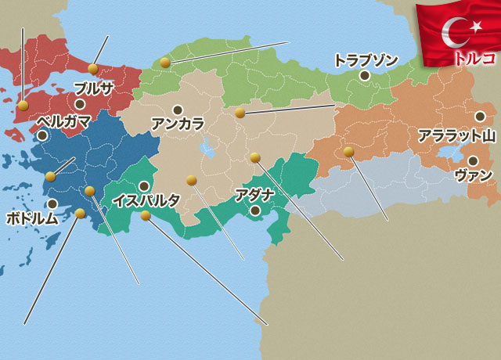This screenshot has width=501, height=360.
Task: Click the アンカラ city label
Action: click(x=178, y=124)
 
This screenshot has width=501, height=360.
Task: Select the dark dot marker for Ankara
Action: click(x=178, y=110)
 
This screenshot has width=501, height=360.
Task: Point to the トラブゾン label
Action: click(x=366, y=59)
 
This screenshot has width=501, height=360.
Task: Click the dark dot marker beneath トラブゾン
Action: click(x=365, y=76)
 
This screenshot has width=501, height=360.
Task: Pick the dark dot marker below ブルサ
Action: click(x=79, y=103)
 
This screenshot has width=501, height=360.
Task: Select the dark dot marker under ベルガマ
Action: click(x=42, y=135)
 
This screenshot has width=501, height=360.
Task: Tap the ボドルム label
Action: click(x=32, y=218)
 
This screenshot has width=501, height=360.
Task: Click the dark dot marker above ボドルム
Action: click(x=52, y=203)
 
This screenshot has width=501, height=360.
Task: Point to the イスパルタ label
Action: click(x=146, y=200)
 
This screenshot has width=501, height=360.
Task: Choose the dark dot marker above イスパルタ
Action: click(x=144, y=185)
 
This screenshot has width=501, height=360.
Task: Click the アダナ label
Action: click(x=253, y=194)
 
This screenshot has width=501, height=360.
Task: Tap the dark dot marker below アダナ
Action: click(x=254, y=210)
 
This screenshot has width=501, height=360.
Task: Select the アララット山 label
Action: click(x=456, y=135)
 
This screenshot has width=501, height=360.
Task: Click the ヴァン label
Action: click(x=474, y=175)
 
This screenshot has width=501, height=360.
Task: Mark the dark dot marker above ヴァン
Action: click(x=472, y=160)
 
